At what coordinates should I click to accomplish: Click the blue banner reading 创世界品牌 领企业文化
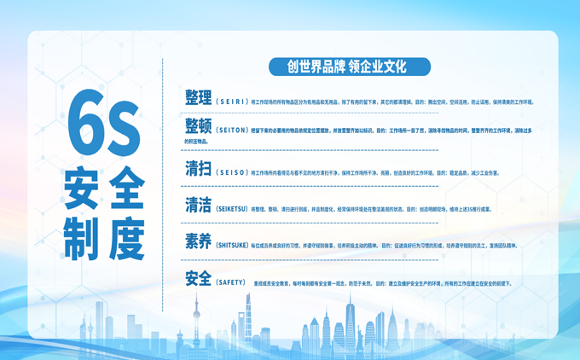[x=349, y=66]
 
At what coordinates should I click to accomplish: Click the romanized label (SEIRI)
[x=231, y=101]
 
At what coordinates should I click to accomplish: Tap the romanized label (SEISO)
[x=231, y=171]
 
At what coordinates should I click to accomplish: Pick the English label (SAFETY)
[x=231, y=282]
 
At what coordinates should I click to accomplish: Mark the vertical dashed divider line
[x=162, y=171]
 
